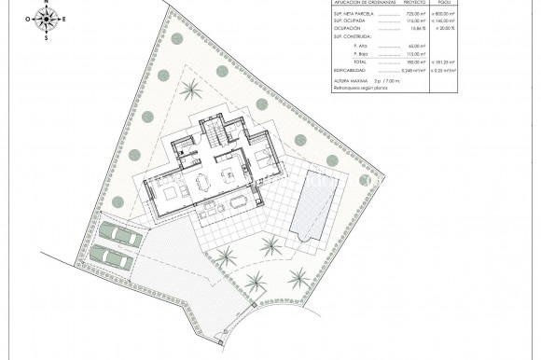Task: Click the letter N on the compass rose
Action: click(47, 3)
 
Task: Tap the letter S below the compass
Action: click(47, 38)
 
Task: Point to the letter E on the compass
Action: click(62, 19)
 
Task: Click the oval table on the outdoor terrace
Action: click(241, 201)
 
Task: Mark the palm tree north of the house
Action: click(191, 90)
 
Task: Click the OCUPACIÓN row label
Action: click(349, 28)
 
